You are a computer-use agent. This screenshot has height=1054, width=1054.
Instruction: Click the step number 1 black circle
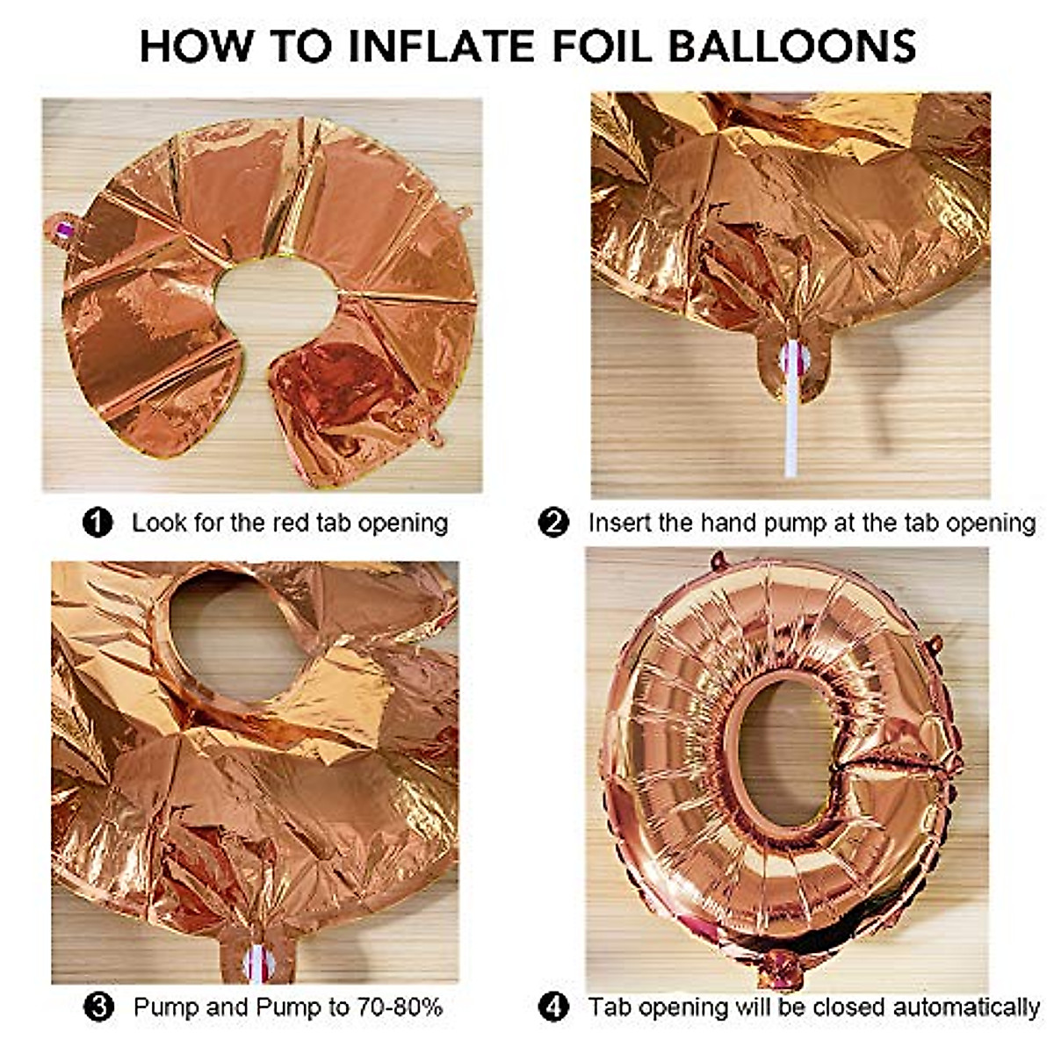point(97,523)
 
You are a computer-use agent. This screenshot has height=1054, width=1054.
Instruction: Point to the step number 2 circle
point(553,523)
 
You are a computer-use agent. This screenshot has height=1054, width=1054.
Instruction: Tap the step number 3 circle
point(101,1006)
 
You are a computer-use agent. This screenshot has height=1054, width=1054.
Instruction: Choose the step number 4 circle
point(553,1007)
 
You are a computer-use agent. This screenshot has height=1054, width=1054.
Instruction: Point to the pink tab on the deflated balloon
point(61,231)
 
